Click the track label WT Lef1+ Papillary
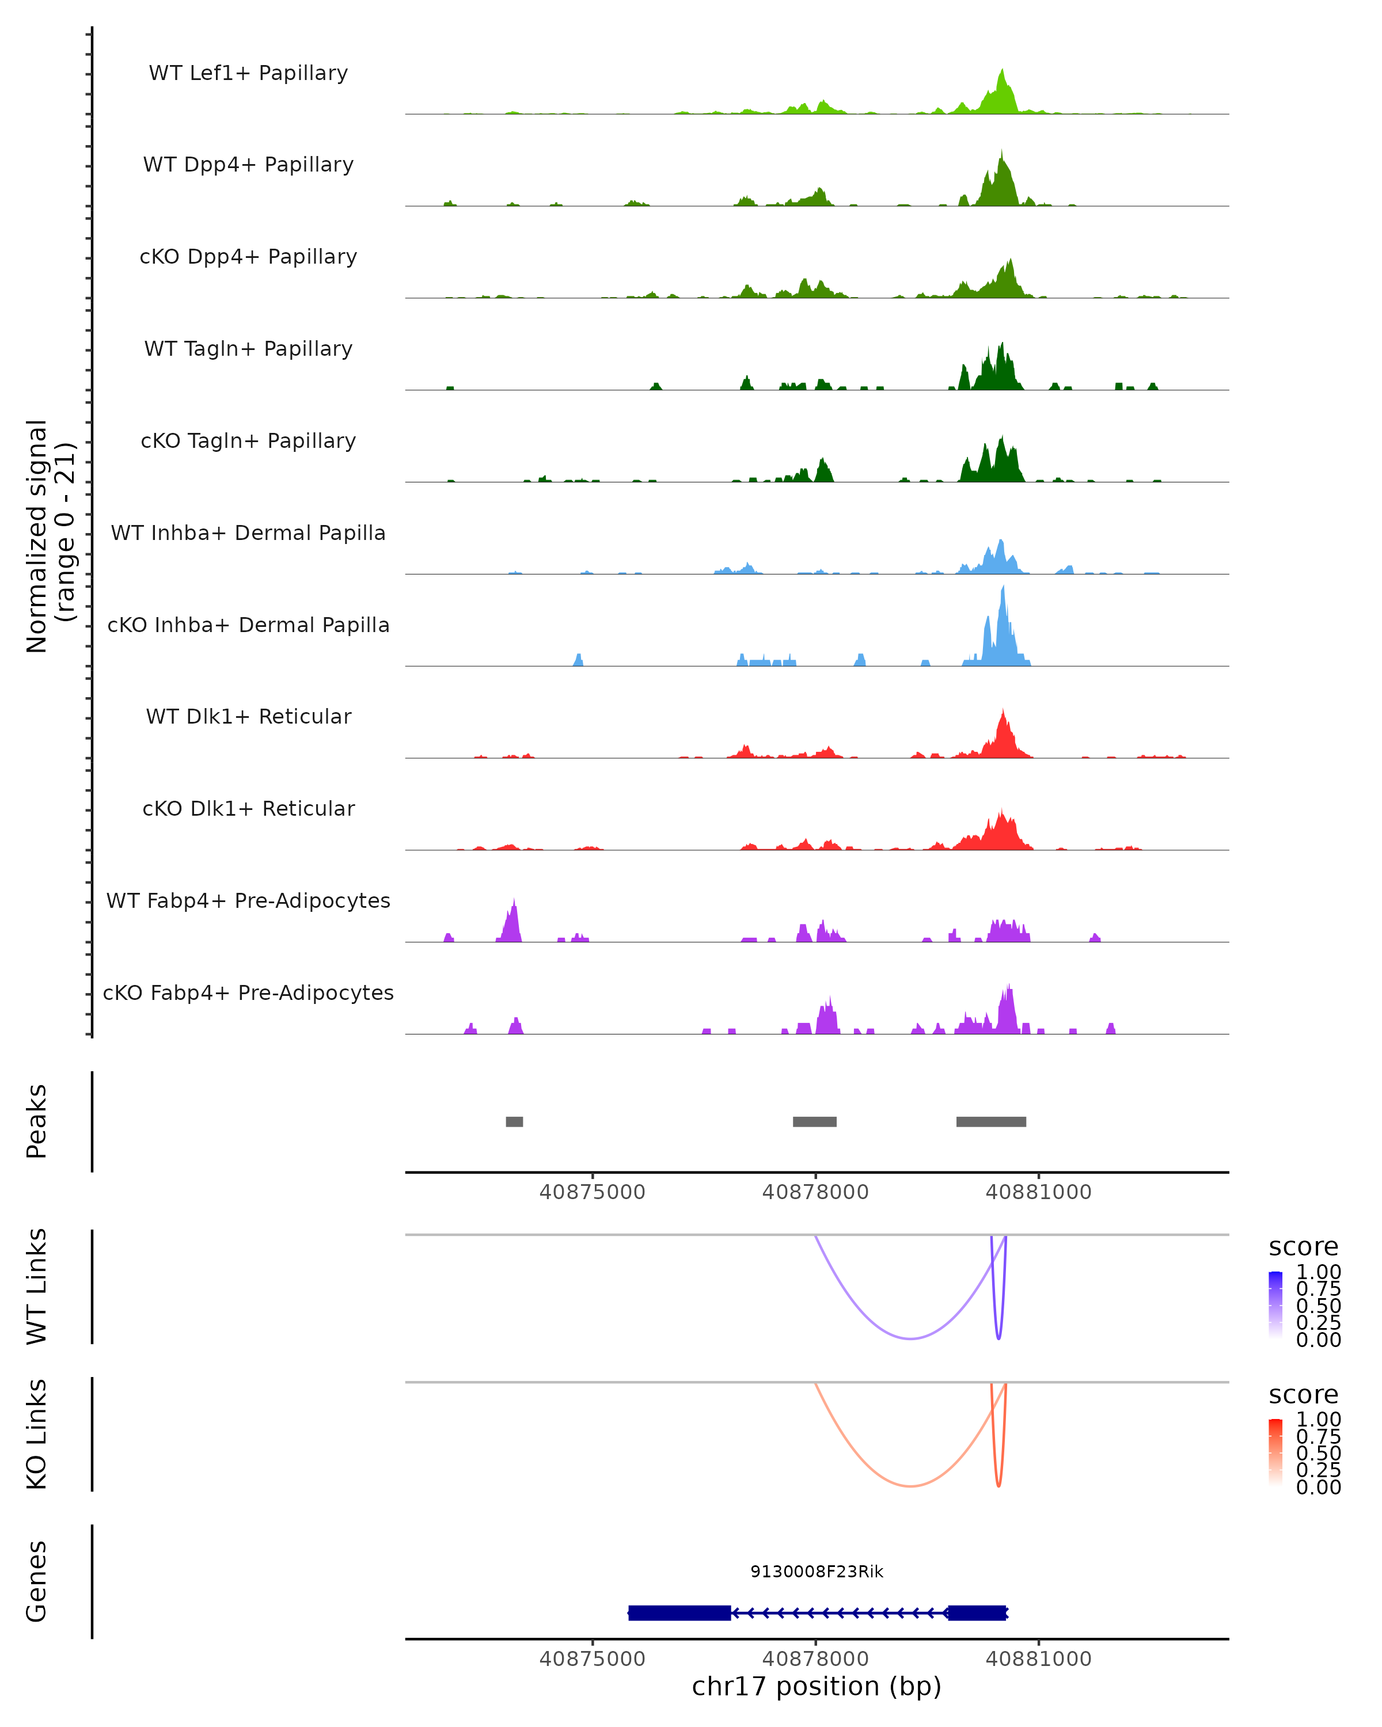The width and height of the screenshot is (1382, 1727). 248,73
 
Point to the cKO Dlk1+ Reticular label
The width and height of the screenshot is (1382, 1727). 248,808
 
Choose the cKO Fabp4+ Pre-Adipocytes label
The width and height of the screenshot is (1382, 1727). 248,992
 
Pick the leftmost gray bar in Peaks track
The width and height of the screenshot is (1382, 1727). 514,1121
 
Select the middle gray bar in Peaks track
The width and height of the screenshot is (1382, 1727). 815,1121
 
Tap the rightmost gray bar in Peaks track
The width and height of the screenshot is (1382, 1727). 991,1121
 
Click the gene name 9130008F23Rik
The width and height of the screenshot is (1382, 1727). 817,1572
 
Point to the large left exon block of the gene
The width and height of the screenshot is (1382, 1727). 679,1612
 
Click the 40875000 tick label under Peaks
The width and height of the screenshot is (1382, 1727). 592,1192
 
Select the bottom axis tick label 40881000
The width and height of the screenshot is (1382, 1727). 1038,1659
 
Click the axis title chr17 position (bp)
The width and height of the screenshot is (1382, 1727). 817,1687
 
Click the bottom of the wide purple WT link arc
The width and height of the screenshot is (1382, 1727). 910,1338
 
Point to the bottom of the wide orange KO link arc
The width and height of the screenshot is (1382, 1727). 910,1486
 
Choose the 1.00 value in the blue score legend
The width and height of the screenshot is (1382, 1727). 1318,1272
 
